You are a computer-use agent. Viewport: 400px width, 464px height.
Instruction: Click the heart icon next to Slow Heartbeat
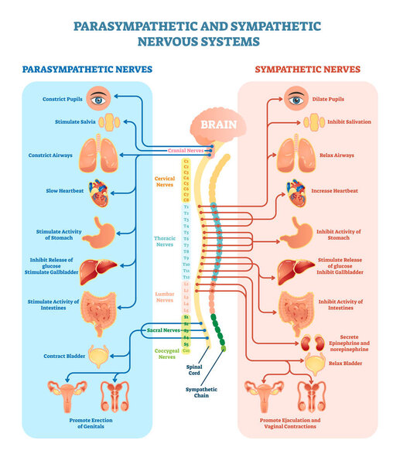coord(98,190)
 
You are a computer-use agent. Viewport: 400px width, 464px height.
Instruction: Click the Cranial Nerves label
coord(186,151)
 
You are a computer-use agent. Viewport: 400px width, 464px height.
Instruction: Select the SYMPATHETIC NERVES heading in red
coord(307,70)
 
